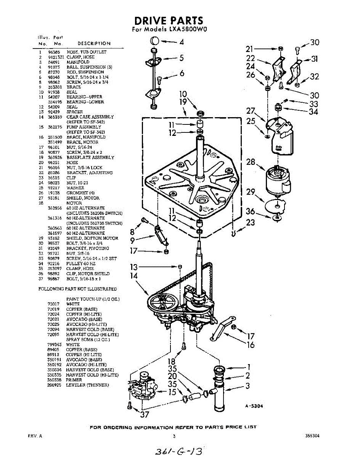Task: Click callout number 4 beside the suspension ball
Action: pos(182,42)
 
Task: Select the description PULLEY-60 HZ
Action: pos(81,264)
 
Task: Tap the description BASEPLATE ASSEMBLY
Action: pos(90,157)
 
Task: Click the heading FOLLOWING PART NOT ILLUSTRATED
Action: pos(77,289)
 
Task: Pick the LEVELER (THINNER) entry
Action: pos(87,385)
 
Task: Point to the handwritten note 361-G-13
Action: pos(177,450)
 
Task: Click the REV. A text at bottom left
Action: pos(35,436)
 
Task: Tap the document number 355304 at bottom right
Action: pos(312,436)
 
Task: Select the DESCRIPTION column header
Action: pos(94,43)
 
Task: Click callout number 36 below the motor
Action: pos(250,211)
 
